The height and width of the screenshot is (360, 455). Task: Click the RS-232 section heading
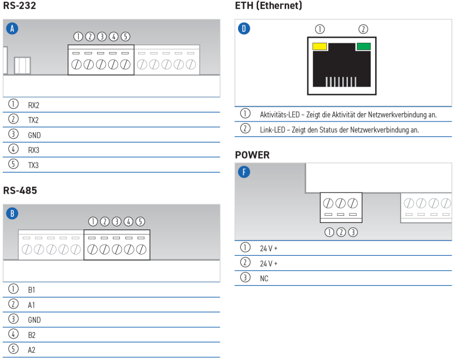[19, 6]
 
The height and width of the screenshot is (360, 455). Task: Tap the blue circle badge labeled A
[12, 28]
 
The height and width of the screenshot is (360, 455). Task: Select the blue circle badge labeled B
[12, 214]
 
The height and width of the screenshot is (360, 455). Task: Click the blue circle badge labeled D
[244, 28]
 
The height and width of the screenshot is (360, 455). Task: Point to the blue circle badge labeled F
[244, 172]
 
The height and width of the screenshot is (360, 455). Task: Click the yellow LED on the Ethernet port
[320, 47]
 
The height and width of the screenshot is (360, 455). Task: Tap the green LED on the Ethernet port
[363, 47]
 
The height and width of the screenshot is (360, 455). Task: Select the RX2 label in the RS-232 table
[34, 105]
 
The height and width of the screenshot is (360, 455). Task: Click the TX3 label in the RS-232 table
[33, 165]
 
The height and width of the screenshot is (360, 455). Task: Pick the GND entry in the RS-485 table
[34, 320]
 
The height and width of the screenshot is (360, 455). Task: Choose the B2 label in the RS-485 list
[32, 335]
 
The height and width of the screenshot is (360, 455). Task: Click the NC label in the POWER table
[264, 278]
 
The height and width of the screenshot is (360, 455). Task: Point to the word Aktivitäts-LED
[280, 115]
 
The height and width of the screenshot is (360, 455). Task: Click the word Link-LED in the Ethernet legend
[272, 130]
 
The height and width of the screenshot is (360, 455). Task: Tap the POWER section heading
[252, 155]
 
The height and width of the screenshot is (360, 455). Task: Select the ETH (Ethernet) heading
[269, 6]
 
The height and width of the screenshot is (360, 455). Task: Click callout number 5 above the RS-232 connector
[125, 37]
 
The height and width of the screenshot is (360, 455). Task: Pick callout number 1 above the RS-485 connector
[93, 222]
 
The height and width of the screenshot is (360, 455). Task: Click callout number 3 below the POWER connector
[353, 232]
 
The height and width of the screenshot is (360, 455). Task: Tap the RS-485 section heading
[20, 191]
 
